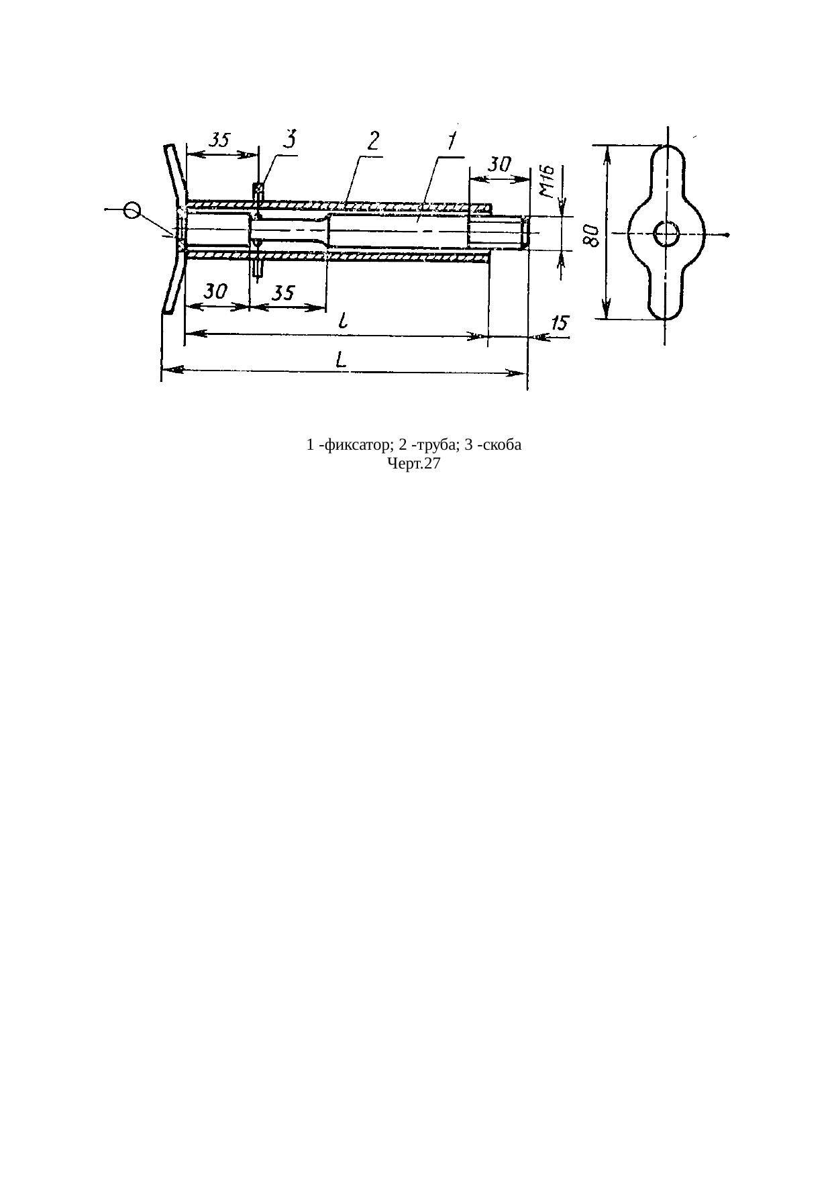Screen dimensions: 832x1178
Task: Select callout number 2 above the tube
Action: [x=373, y=142]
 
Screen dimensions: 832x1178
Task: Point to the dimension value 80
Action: [x=591, y=236]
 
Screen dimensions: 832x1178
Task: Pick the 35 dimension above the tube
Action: [x=219, y=140]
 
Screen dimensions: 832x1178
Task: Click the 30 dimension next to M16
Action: [x=499, y=164]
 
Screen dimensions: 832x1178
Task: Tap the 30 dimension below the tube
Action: [x=216, y=291]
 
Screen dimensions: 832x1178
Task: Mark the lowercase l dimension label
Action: [x=343, y=322]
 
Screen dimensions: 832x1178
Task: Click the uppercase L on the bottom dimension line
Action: [x=342, y=361]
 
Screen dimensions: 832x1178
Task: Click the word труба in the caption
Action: [x=429, y=446]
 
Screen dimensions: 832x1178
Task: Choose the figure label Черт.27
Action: [x=413, y=463]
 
